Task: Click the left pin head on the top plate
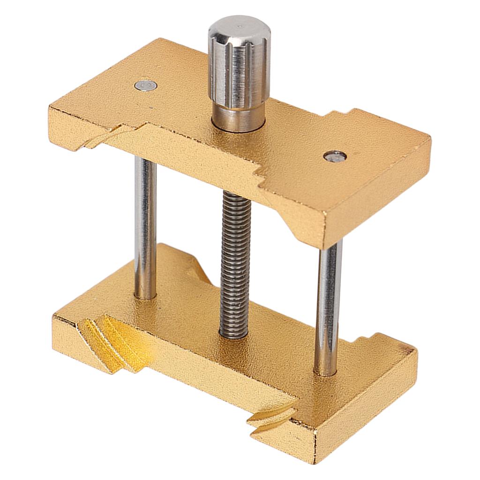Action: click(x=146, y=85)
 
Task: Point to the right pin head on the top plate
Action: click(x=335, y=156)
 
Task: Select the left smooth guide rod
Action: click(x=145, y=225)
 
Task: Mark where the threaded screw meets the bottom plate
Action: click(x=234, y=335)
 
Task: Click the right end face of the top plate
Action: click(x=375, y=192)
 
